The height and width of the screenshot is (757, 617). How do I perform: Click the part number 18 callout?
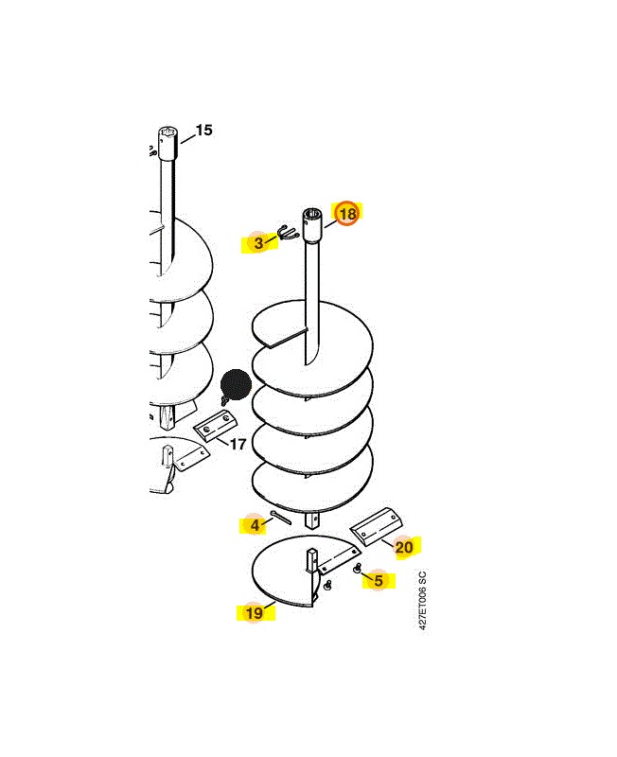click(x=347, y=214)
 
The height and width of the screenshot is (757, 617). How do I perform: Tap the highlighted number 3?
click(x=258, y=243)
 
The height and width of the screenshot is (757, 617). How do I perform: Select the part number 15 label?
click(x=203, y=131)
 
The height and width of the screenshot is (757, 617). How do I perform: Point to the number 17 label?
click(x=238, y=444)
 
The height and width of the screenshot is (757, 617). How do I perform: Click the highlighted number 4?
click(x=255, y=525)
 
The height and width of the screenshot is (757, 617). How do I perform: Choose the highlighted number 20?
click(x=404, y=547)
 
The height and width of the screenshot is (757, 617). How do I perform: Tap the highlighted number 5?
click(x=379, y=580)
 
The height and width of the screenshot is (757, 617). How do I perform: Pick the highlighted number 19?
click(x=254, y=613)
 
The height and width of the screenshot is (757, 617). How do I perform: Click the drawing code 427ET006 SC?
click(x=422, y=601)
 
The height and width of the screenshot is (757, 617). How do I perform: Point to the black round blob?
click(x=236, y=385)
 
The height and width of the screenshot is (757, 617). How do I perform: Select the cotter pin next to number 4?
click(x=280, y=518)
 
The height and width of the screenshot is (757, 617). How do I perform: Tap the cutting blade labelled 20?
click(x=377, y=526)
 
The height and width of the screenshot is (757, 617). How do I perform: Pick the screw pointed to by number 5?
click(x=358, y=569)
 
